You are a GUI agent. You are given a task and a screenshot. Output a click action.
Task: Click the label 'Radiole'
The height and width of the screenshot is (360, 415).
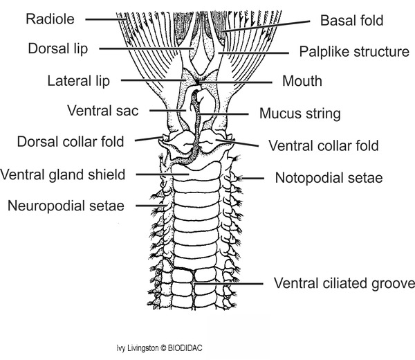[49, 19]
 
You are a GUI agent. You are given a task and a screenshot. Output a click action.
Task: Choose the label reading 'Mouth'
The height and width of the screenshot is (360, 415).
[302, 81]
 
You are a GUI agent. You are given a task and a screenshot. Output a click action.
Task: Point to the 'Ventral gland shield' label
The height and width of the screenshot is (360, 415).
[64, 174]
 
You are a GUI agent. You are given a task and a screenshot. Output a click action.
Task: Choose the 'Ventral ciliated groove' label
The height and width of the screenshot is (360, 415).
[344, 283]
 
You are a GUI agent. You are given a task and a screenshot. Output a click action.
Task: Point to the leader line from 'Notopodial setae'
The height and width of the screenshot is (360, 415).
[254, 179]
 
